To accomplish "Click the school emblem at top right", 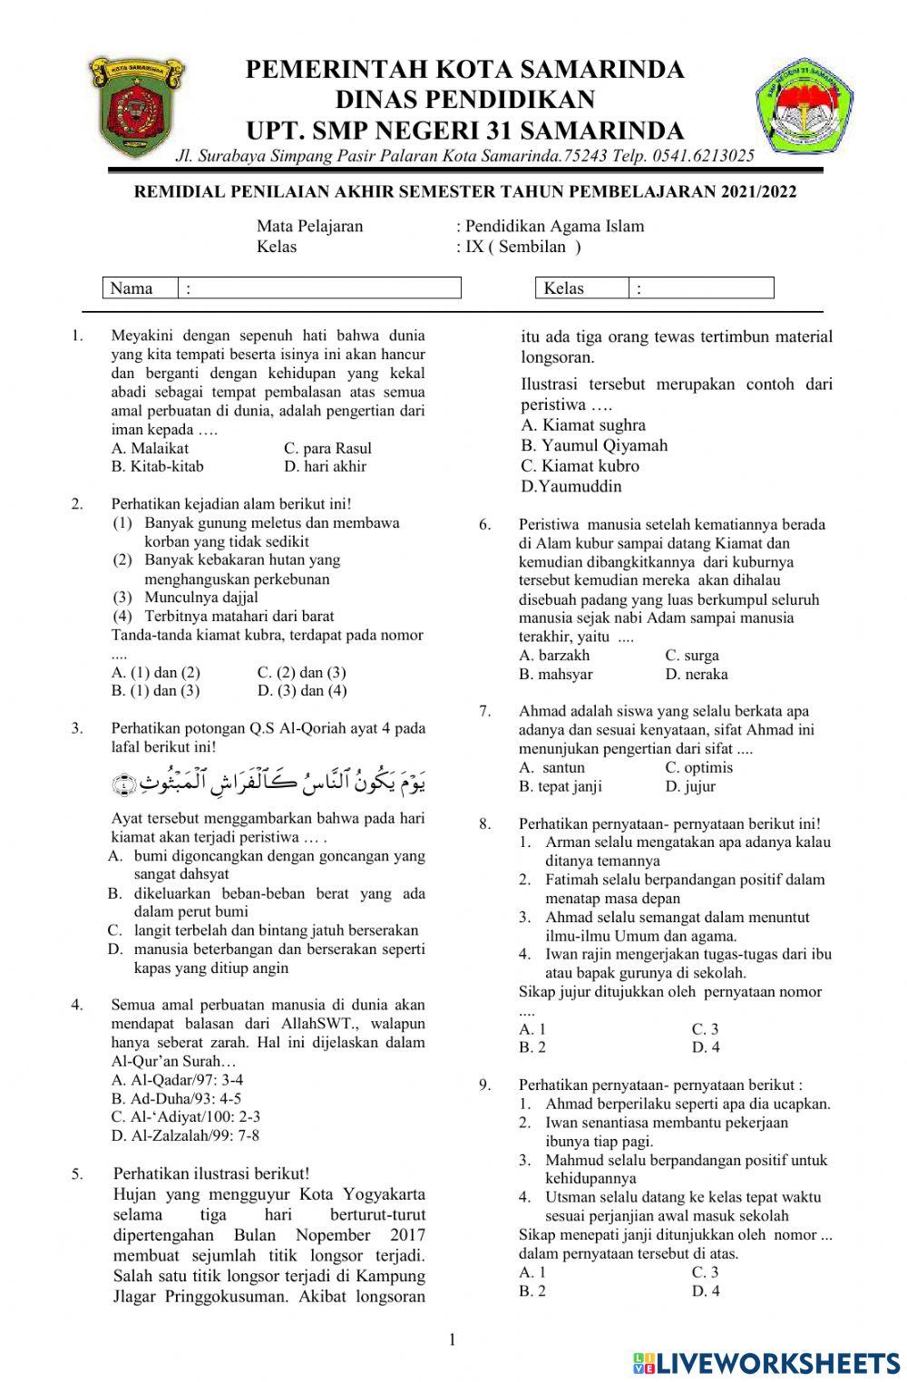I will click(804, 107).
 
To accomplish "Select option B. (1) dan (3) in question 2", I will click(155, 691).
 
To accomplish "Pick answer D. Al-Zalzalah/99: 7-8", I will click(185, 1135).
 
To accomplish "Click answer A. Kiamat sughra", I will click(583, 425).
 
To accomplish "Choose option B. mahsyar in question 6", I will click(555, 674).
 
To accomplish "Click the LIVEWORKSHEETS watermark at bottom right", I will click(766, 1362).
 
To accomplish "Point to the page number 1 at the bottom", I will click(452, 1339).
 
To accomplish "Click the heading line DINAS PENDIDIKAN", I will click(464, 99).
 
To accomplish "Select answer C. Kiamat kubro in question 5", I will click(580, 466).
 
